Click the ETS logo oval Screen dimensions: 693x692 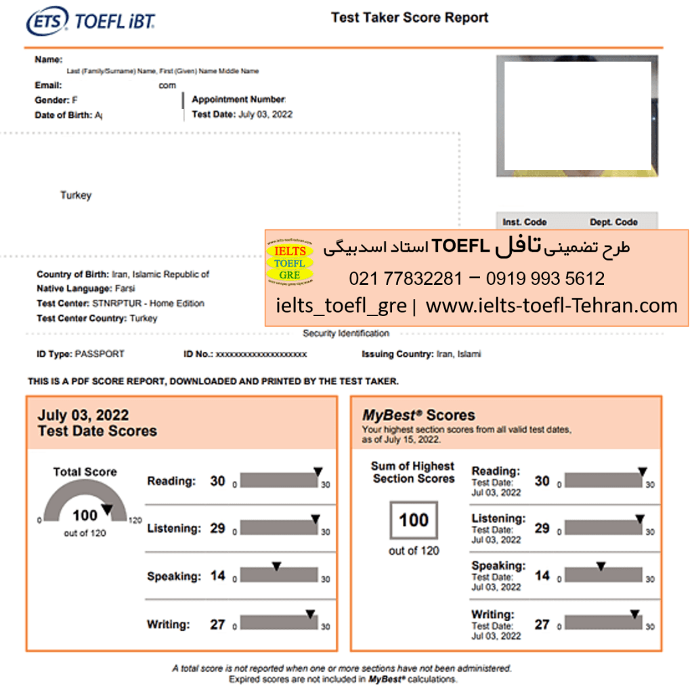47,22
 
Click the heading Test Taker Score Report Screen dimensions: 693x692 410,18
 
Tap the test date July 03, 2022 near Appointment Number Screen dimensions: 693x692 265,114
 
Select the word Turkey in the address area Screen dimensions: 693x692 76,196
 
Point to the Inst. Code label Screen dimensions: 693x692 524,222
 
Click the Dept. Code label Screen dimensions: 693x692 613,222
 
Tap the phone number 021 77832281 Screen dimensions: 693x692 406,278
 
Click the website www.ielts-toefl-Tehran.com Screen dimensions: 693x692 551,306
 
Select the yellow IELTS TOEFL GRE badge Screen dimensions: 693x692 289,263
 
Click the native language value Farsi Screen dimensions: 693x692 124,289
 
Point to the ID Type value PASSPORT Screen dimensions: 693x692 100,354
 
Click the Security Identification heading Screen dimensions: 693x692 345,334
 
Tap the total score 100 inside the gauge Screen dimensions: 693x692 85,516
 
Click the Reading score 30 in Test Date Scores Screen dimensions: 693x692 217,481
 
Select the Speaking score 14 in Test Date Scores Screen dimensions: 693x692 217,576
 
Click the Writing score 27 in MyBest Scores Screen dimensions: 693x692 542,624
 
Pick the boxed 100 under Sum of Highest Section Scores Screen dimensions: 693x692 414,520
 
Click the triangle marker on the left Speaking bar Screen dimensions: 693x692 276,566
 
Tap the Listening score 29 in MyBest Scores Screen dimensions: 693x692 542,528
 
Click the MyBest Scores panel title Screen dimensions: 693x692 418,416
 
